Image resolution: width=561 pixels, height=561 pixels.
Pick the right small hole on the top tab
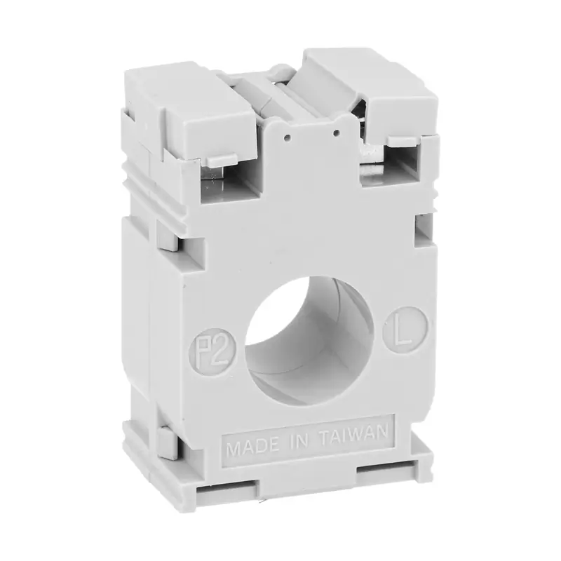[x=336, y=133]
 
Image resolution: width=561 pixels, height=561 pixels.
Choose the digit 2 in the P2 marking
[x=221, y=349]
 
